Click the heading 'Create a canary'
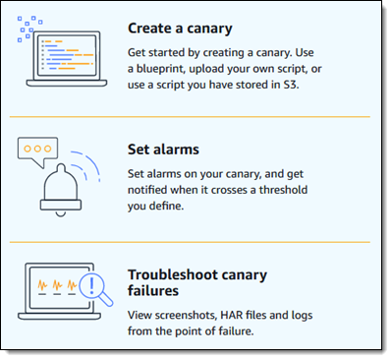180,29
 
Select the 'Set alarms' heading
163,150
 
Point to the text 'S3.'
291,85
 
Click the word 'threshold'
283,190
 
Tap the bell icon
61,190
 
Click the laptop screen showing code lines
67,56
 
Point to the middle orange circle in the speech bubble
37,149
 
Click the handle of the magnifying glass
107,300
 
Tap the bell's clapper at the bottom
61,214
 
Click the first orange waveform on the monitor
42,285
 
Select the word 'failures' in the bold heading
153,291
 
